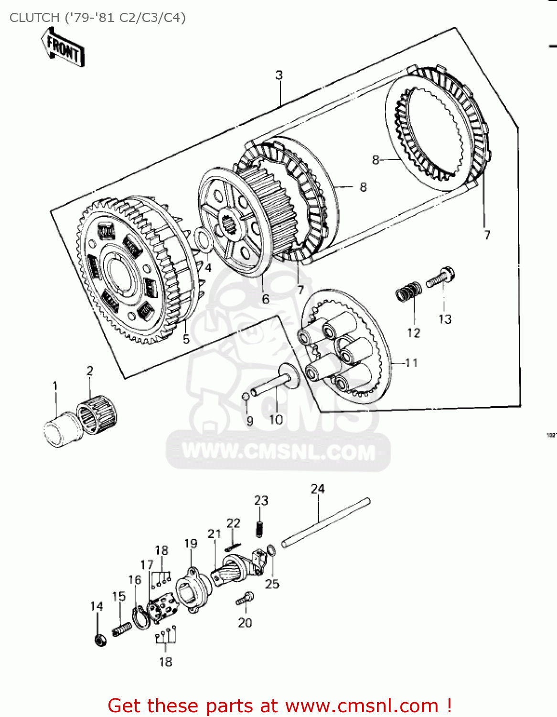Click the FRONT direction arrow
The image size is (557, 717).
click(x=63, y=47)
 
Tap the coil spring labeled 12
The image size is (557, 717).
click(x=409, y=291)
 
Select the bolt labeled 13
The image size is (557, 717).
click(x=441, y=277)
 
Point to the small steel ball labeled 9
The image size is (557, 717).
click(x=246, y=396)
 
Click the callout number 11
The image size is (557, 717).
click(x=411, y=363)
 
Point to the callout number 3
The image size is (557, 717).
click(x=279, y=75)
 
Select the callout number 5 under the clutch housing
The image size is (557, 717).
click(x=186, y=339)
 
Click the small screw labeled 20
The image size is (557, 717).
click(x=245, y=598)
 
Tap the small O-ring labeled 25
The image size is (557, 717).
click(x=271, y=550)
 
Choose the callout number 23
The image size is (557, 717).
click(x=261, y=500)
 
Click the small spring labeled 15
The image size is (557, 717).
click(x=122, y=629)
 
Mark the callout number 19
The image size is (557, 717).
click(x=191, y=543)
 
